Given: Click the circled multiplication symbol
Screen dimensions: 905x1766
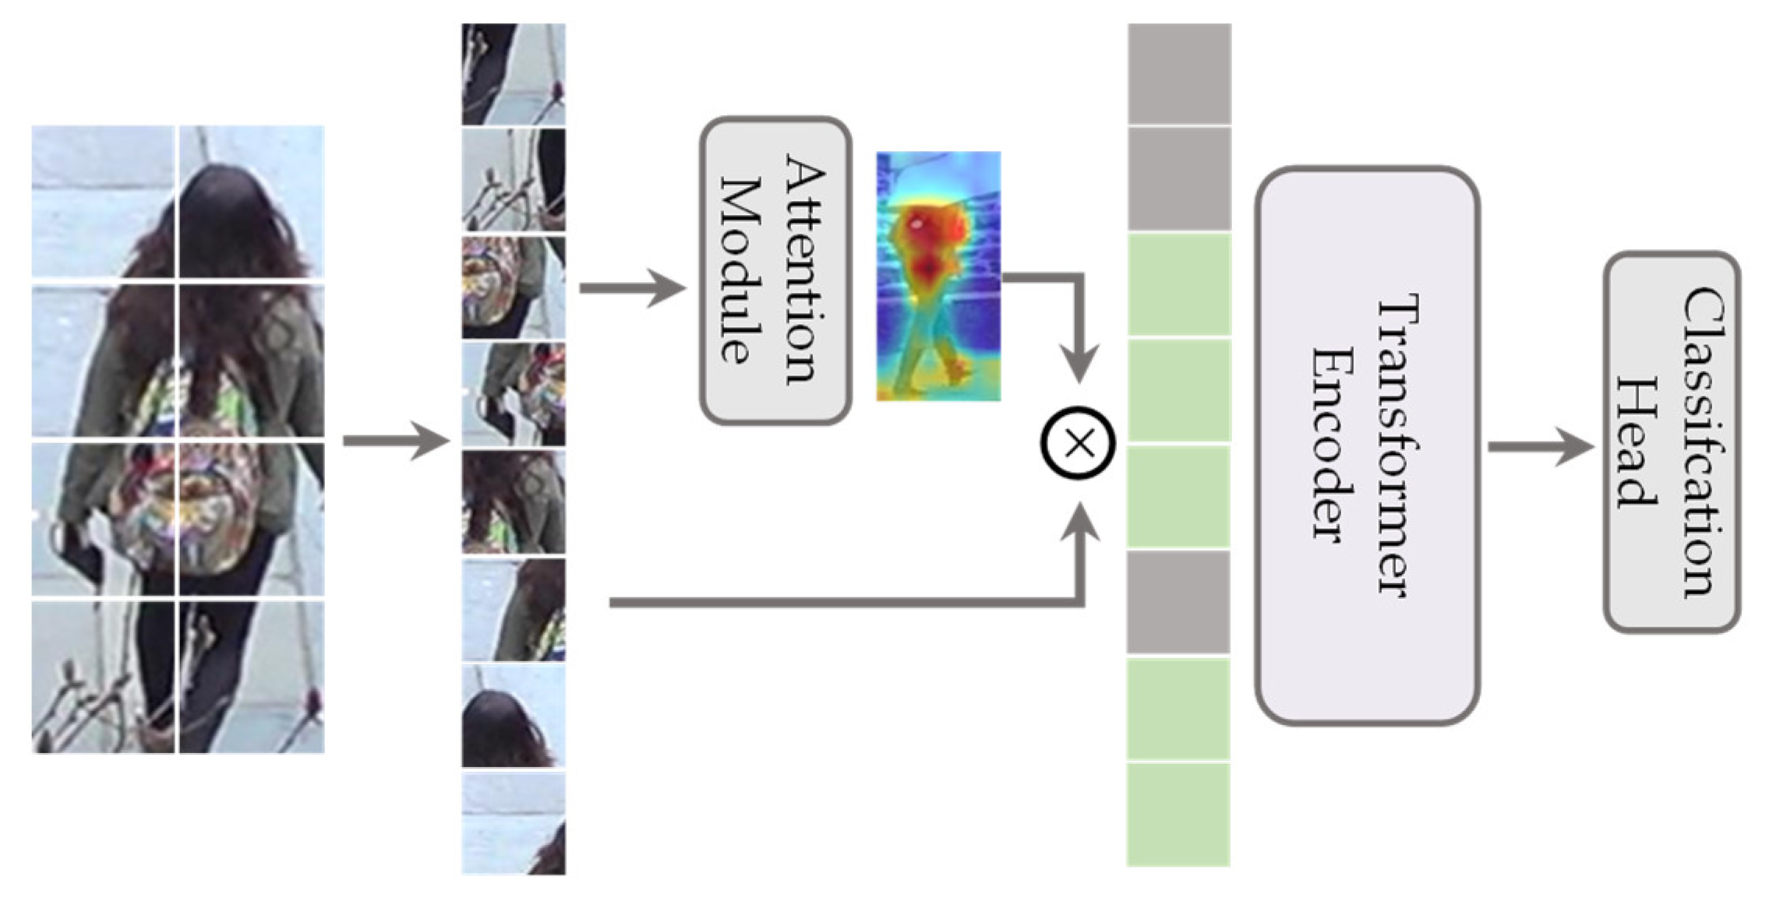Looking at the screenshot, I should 1079,443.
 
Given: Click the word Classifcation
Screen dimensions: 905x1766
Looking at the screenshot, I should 1703,442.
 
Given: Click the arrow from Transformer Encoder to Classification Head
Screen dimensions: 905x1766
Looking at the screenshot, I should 1539,447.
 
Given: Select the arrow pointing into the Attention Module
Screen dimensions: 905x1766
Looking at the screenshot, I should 631,288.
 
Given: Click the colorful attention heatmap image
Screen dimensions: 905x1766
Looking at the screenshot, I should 938,276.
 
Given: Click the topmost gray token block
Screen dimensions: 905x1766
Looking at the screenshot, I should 1179,73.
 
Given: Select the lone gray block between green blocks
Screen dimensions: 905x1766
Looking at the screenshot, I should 1178,603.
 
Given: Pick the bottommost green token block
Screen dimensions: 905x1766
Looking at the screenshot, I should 1178,815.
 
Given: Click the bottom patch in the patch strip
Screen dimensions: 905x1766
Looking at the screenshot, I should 514,824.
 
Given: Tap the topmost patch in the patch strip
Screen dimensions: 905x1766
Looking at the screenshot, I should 514,74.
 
